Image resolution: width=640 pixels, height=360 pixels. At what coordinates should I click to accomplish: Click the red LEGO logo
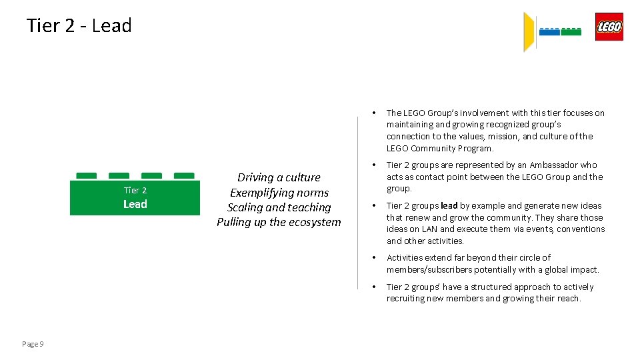click(x=609, y=27)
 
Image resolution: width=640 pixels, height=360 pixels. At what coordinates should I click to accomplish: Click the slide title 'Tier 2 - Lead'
click(x=79, y=25)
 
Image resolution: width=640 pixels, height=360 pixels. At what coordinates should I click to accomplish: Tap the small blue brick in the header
click(x=549, y=31)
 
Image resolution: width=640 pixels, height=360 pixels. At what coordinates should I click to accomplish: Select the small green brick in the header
click(x=571, y=31)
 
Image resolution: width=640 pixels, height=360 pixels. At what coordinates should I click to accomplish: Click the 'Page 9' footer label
click(x=33, y=344)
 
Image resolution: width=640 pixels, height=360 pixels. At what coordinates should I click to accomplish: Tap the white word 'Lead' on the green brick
click(x=135, y=204)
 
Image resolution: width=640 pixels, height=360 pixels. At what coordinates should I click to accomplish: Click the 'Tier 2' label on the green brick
click(x=135, y=190)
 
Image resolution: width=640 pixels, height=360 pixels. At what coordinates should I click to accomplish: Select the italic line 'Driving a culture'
click(x=279, y=177)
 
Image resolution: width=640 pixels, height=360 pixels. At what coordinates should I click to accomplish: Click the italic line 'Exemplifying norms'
click(x=279, y=193)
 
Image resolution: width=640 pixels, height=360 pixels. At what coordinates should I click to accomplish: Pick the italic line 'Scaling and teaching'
click(x=279, y=207)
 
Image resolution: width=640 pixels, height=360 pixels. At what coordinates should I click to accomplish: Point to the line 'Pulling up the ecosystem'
click(x=279, y=222)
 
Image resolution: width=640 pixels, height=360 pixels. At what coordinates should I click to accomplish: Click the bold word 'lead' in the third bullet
click(x=449, y=205)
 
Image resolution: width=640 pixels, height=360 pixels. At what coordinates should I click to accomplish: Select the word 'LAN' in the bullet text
click(x=429, y=229)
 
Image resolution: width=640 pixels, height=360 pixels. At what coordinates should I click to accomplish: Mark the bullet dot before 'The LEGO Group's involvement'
click(x=375, y=113)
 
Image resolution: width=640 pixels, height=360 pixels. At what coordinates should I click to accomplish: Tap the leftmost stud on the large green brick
click(x=86, y=176)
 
